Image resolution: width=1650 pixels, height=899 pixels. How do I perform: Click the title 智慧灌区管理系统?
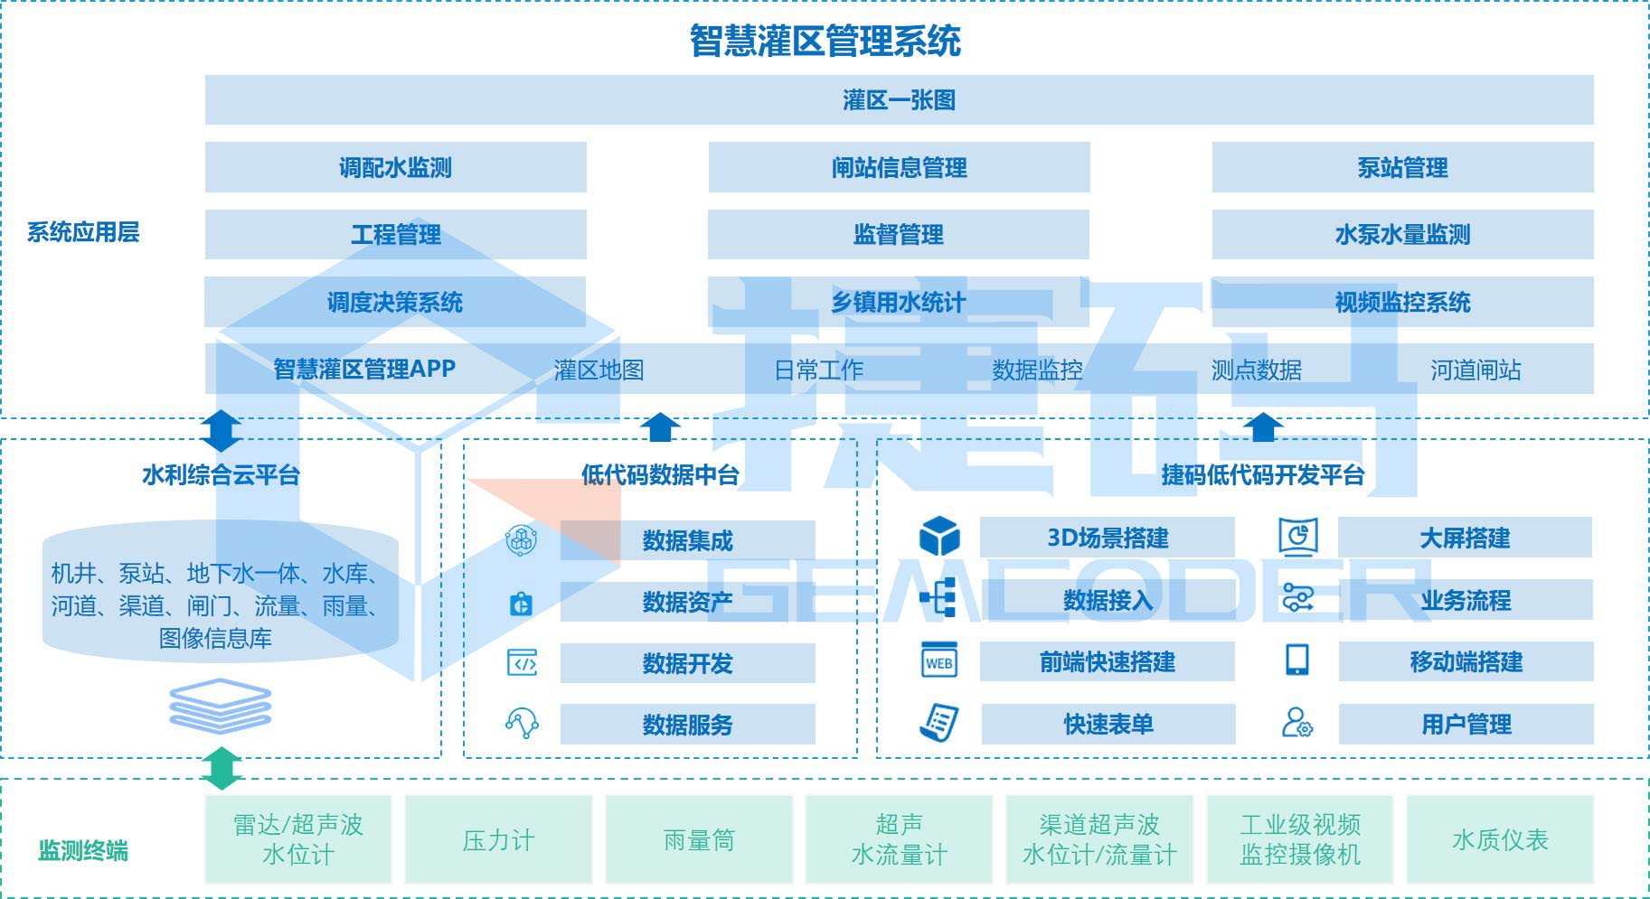pos(825,41)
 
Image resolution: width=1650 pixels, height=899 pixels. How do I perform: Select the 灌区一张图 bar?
pos(899,100)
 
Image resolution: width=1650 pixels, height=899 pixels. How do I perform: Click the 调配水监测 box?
pos(395,167)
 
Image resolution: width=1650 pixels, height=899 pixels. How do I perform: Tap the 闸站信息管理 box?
pos(899,167)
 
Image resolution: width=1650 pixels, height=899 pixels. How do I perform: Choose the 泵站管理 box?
pos(1402,167)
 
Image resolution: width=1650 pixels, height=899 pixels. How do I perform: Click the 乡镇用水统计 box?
pos(899,302)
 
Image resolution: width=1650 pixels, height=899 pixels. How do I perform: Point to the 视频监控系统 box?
pos(1402,302)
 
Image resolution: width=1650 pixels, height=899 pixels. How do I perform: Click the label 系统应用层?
pos(83,232)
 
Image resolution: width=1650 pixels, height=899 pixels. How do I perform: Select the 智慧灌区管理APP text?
pos(364,369)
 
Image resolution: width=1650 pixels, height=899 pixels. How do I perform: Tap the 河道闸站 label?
pos(1476,370)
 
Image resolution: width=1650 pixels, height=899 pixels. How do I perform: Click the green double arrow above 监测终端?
pos(222,769)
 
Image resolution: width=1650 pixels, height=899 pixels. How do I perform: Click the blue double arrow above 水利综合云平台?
pos(222,431)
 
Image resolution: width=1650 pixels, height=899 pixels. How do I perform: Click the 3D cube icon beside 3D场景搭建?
pos(939,537)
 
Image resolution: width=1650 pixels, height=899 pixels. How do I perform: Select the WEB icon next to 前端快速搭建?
pos(939,661)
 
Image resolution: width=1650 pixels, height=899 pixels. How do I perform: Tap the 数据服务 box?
pos(687,725)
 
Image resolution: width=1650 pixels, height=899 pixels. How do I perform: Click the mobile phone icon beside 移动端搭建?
pos(1296,660)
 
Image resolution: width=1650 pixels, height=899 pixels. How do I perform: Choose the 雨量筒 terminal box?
pos(699,840)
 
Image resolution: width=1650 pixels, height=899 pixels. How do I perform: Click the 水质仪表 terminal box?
pos(1500,840)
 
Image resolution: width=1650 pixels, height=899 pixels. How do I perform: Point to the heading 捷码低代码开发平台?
pos(1262,474)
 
